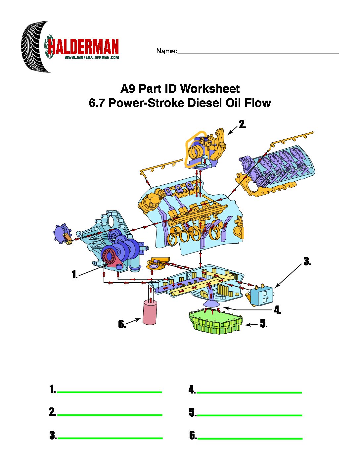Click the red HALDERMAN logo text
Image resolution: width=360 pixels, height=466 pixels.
click(83, 47)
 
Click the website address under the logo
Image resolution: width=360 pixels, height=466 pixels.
click(92, 58)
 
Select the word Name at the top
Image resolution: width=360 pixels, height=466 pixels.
click(166, 51)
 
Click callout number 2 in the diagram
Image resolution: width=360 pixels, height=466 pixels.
click(243, 124)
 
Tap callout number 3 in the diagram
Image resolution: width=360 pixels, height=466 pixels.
click(307, 261)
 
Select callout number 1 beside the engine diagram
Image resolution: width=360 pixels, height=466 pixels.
click(75, 274)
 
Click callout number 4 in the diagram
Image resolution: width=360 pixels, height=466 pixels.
click(278, 310)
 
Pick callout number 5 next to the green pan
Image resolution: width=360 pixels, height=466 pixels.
click(264, 323)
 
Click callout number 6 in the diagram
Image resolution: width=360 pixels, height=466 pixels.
click(122, 324)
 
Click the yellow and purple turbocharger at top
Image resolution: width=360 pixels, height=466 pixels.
click(206, 150)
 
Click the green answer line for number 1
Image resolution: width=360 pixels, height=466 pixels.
click(110, 392)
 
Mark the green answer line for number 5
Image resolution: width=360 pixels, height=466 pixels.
click(249, 415)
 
